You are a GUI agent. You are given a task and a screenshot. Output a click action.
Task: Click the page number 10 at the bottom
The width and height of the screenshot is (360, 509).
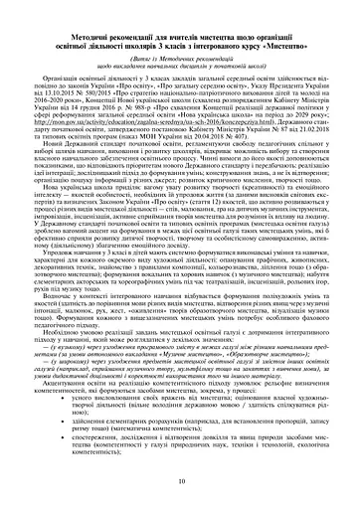pyautogui.click(x=180, y=483)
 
